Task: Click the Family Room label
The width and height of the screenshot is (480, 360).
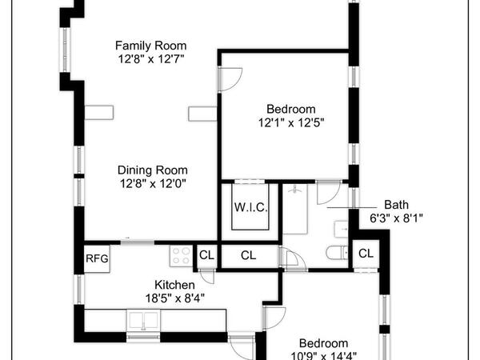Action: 150,46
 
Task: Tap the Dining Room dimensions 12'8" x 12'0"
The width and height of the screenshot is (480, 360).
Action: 153,184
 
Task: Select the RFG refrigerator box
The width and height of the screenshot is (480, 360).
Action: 97,259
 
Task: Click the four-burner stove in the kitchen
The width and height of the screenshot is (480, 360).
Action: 182,256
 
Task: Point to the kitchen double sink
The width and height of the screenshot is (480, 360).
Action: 143,320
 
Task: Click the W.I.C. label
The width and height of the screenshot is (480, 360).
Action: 250,207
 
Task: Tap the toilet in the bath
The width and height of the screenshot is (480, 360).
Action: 337,253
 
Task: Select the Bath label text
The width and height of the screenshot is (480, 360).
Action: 396,205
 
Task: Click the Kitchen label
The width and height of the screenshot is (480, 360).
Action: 174,285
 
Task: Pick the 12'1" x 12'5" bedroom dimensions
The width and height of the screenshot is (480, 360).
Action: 291,122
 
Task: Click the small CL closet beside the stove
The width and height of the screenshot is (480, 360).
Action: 206,255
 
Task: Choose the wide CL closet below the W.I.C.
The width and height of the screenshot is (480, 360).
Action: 248,255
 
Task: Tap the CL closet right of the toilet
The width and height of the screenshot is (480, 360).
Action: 366,254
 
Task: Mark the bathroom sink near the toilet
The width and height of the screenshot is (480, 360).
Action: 341,229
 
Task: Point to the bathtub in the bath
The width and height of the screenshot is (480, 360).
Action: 294,209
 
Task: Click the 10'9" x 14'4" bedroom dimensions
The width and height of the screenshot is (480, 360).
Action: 323,356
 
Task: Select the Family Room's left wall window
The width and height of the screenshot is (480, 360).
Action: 65,50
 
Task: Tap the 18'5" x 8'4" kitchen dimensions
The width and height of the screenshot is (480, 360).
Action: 174,298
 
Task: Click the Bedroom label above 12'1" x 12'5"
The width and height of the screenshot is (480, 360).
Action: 291,110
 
